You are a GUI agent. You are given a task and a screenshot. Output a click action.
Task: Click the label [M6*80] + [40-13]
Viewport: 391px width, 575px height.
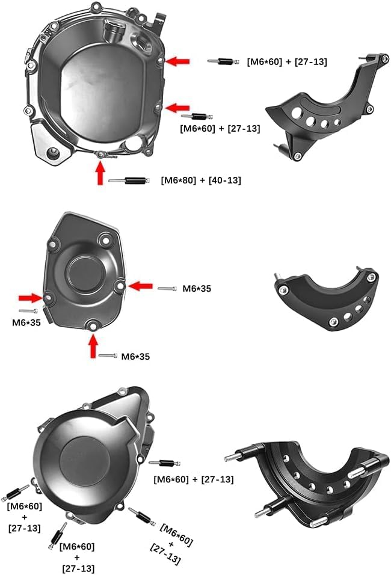(x=201, y=180)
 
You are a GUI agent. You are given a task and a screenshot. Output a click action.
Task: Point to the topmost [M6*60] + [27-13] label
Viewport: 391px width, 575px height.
(x=287, y=61)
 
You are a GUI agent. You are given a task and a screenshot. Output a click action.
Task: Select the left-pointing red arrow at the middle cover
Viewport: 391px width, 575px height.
(x=141, y=286)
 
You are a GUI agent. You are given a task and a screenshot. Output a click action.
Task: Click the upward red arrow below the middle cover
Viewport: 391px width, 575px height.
(x=93, y=346)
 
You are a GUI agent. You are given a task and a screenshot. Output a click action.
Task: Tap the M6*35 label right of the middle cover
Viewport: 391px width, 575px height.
(x=197, y=289)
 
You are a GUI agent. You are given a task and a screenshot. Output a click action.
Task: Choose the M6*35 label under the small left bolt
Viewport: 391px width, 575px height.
(x=27, y=322)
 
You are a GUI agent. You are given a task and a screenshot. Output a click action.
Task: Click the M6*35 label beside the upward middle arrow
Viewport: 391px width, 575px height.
(x=135, y=356)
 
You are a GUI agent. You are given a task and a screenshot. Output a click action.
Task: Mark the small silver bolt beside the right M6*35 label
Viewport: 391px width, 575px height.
(x=167, y=289)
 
